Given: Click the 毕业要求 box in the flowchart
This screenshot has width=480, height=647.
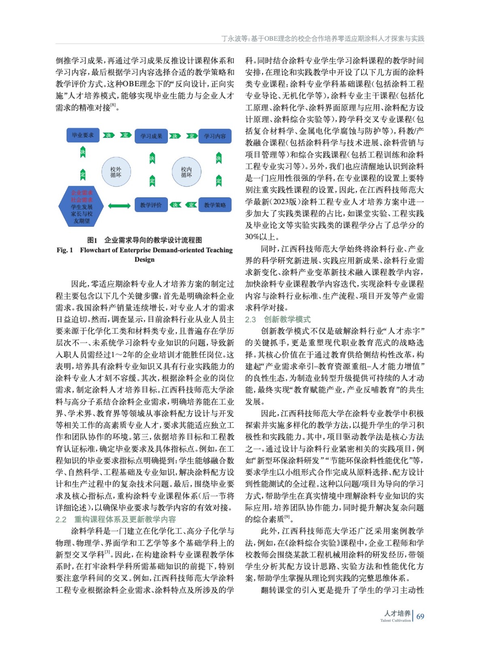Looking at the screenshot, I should tap(82, 135).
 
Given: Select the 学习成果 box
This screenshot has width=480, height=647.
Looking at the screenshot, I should tap(151, 136).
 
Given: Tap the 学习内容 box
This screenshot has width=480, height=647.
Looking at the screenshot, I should tap(215, 136).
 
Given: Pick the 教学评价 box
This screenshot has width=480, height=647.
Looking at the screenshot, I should tap(151, 205).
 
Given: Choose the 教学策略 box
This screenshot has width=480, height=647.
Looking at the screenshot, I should tap(215, 205).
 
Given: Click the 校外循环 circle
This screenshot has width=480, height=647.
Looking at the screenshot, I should tap(116, 172).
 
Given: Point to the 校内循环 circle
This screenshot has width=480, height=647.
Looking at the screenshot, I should tap(186, 172).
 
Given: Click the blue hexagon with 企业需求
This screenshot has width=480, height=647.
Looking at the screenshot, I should tap(82, 207).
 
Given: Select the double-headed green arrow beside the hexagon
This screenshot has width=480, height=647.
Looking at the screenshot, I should tap(119, 206).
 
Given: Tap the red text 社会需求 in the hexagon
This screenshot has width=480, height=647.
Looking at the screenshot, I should tap(82, 200).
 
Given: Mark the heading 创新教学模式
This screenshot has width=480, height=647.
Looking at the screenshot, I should tap(287, 319).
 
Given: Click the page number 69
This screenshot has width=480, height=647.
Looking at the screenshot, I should tap(420, 616).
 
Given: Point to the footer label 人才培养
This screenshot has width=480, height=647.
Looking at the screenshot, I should tap(397, 613).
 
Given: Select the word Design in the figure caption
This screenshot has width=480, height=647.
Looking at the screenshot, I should tap(144, 259).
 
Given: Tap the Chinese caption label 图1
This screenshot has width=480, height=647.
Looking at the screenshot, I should tap(92, 240).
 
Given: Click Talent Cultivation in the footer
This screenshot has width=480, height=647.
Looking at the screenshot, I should tap(395, 620).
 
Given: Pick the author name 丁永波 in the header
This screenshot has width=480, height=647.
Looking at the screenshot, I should tap(231, 39).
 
